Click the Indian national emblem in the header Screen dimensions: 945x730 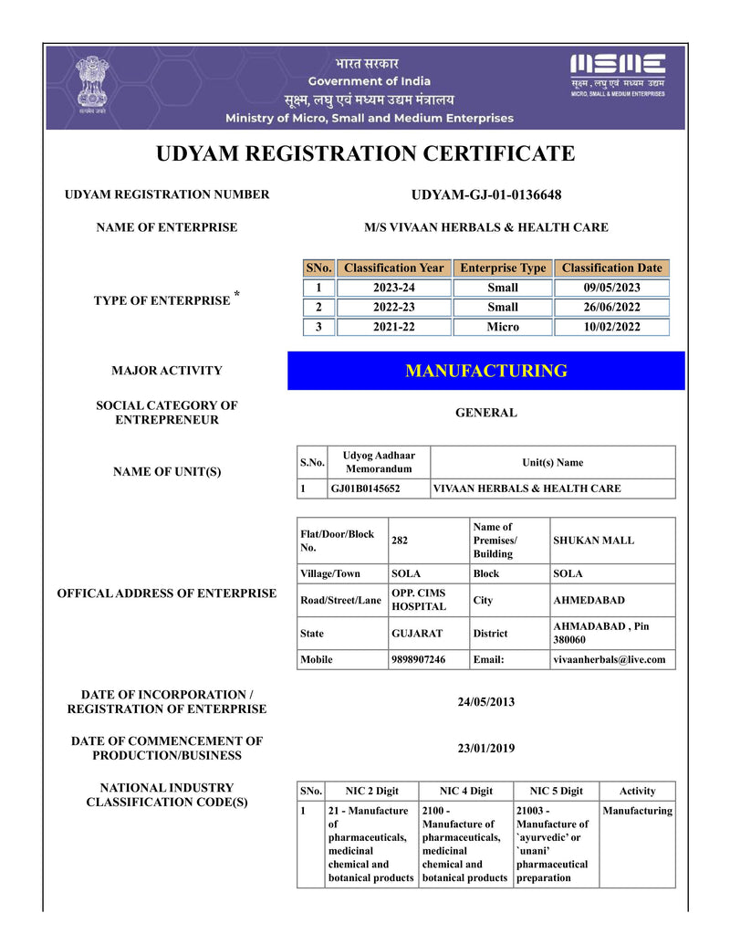point(91,85)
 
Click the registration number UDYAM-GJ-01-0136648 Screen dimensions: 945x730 point(486,194)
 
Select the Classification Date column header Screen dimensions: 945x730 point(611,268)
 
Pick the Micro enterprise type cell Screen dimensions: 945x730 point(503,327)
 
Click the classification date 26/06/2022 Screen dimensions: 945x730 point(611,307)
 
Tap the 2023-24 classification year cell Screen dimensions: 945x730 point(393,288)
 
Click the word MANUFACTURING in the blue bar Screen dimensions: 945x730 point(486,371)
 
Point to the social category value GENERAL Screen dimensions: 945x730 point(486,413)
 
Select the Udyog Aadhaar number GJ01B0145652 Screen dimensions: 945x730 point(365,488)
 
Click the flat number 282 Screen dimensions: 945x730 point(400,541)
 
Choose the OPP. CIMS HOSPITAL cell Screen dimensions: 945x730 point(418,600)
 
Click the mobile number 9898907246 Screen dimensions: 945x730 point(418,659)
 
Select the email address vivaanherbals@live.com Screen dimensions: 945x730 point(610,659)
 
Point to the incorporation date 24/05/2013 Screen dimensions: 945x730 point(486,702)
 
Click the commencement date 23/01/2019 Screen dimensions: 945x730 point(486,749)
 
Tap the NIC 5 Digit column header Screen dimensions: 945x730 point(556,791)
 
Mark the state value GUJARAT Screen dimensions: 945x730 point(417,633)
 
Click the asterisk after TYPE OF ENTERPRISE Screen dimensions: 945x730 point(237,294)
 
